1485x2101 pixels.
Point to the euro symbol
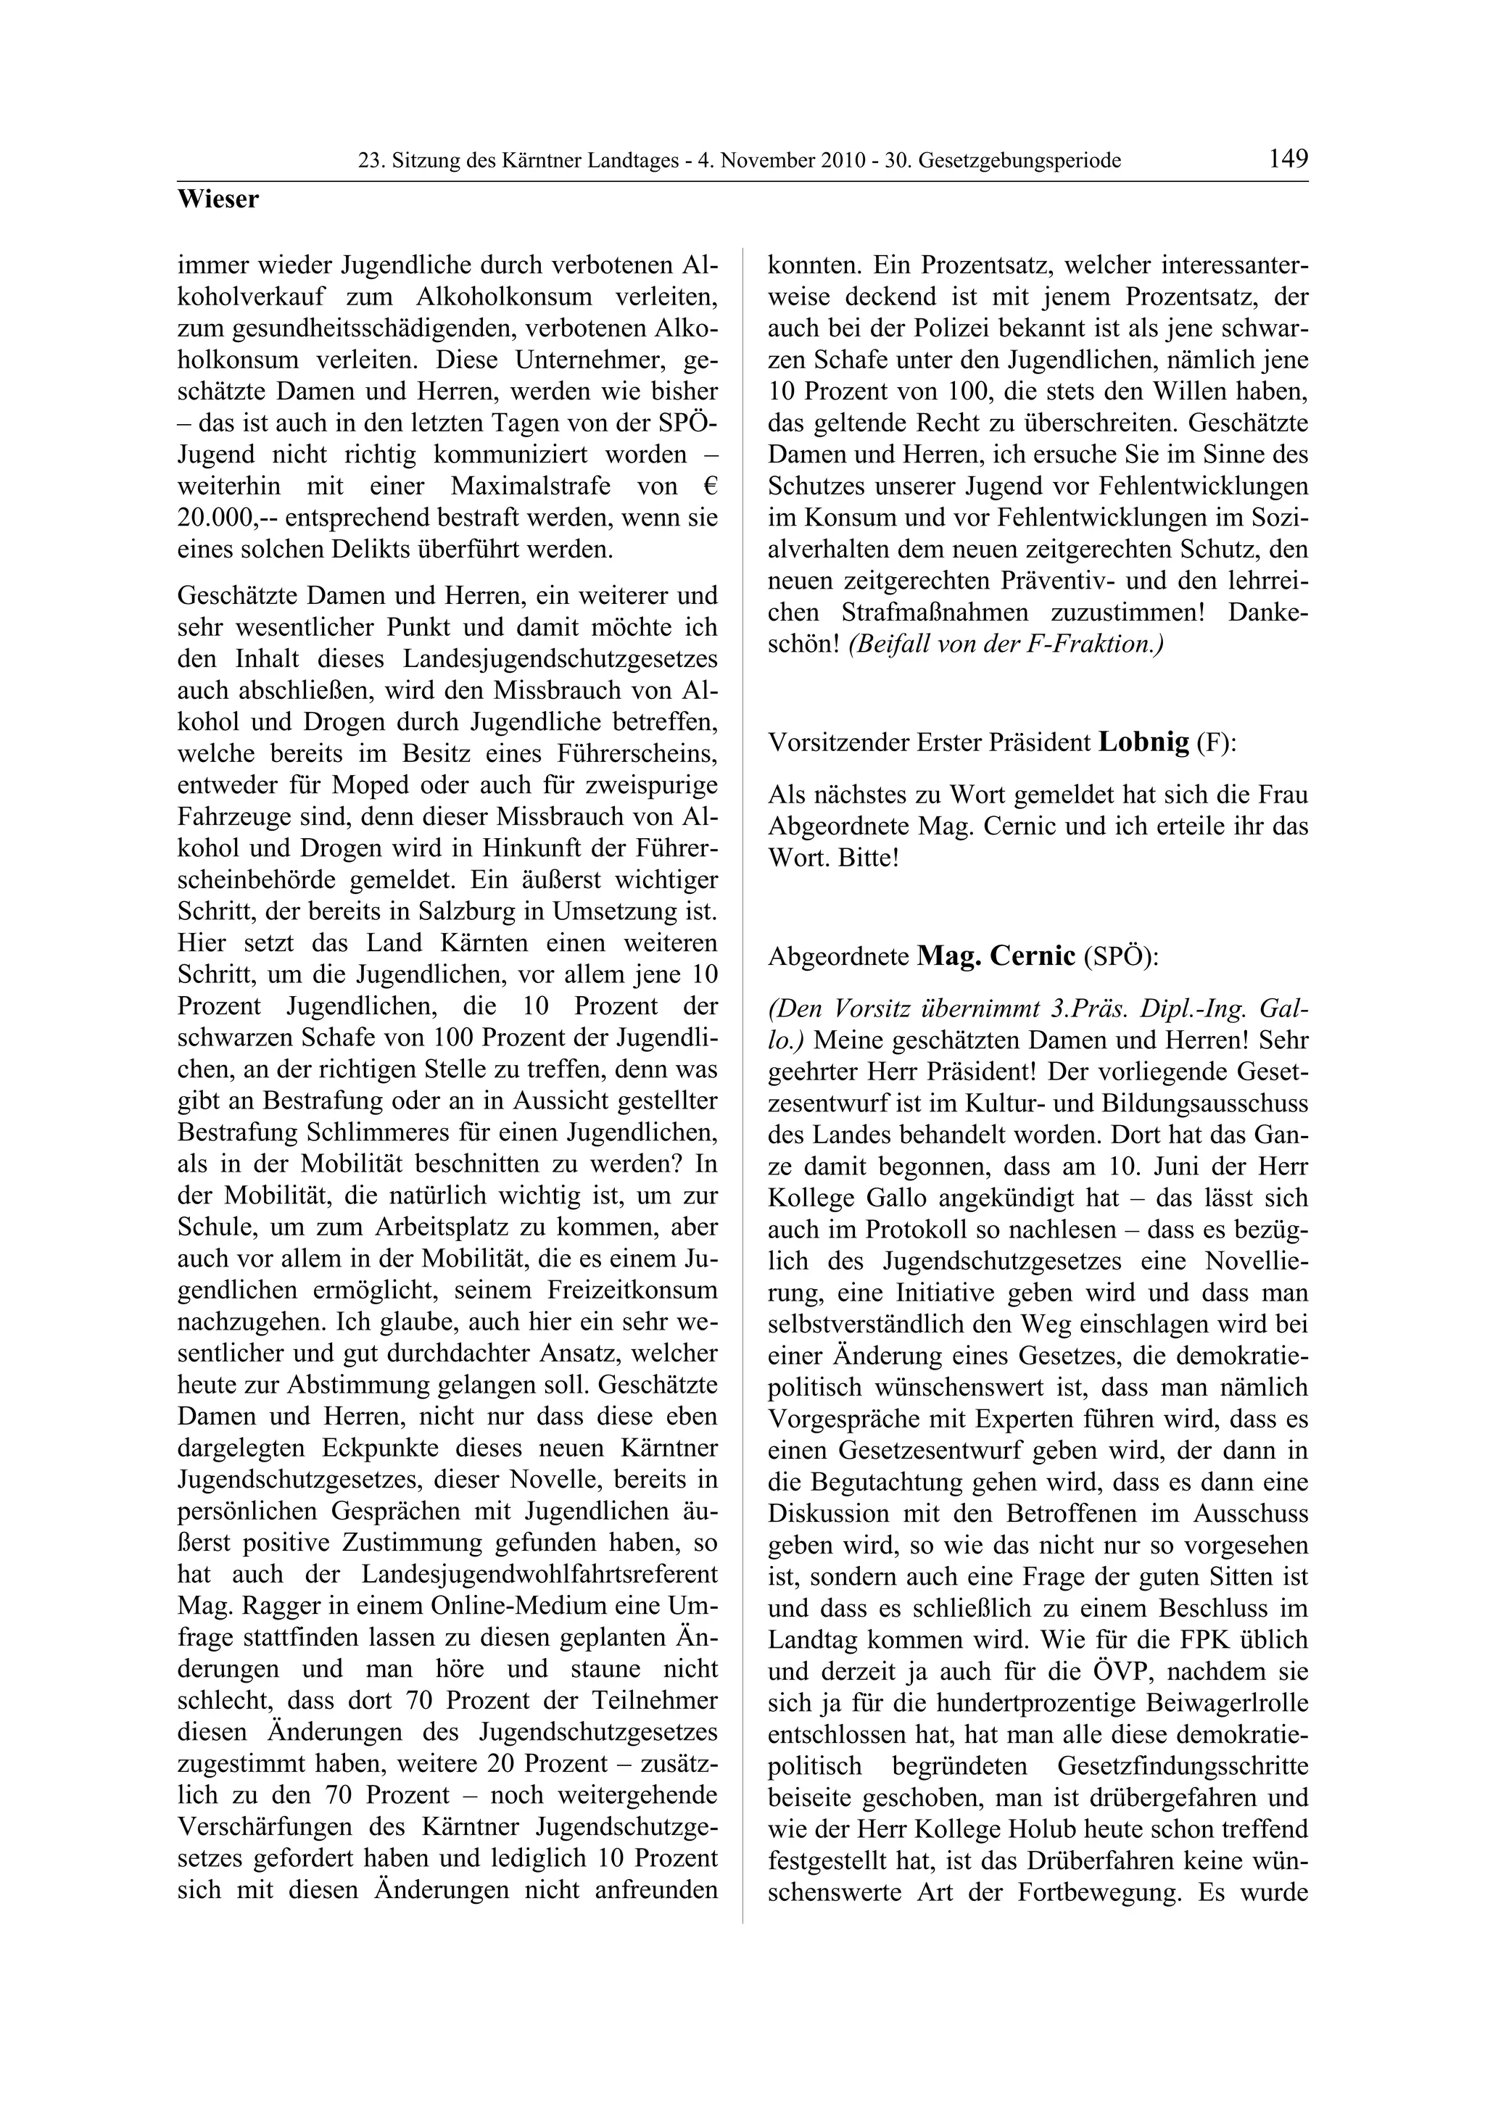pyautogui.click(x=711, y=486)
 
